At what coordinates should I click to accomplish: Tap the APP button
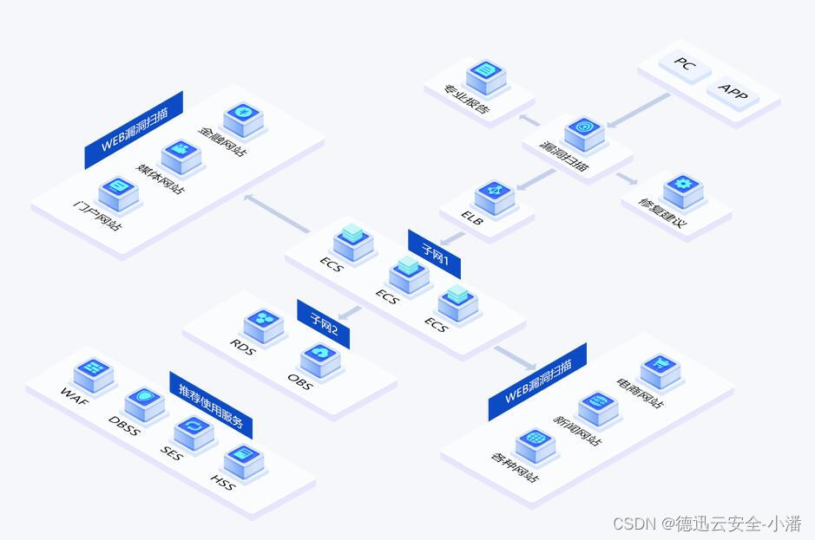click(733, 92)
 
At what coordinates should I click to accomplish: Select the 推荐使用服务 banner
click(211, 404)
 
